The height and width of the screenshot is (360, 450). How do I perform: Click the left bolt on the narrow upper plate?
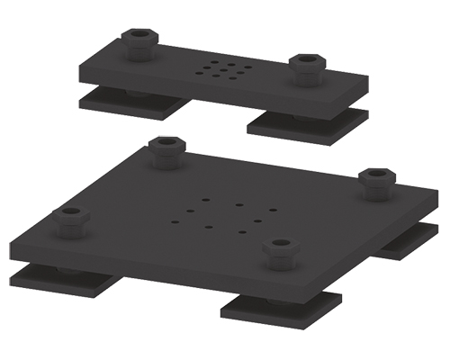138,42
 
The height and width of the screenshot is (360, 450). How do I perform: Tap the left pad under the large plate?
63,281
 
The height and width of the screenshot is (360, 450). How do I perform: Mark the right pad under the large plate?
409,241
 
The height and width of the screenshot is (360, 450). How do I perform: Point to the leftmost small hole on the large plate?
174,217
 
